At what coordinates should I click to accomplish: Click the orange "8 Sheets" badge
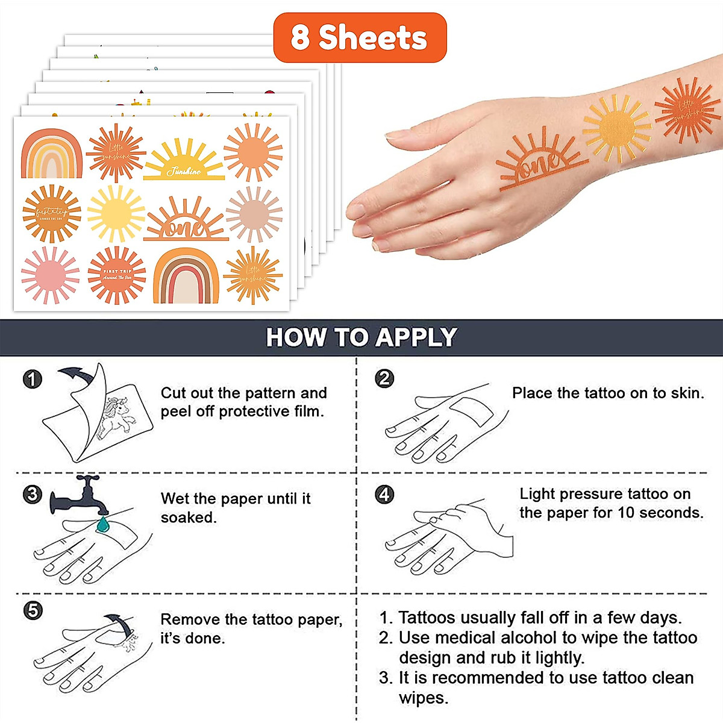360,37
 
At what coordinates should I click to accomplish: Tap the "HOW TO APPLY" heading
361,337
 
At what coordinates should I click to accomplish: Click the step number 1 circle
32,379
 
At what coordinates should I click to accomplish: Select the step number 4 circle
384,495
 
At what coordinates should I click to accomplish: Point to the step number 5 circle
33,610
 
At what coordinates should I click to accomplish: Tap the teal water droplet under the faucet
103,524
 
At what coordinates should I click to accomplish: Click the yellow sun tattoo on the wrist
616,128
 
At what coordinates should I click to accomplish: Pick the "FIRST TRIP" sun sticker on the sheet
117,275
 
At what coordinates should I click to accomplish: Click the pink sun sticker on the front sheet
50,275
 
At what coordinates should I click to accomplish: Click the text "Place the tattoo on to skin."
607,393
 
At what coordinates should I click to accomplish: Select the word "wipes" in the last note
423,698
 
